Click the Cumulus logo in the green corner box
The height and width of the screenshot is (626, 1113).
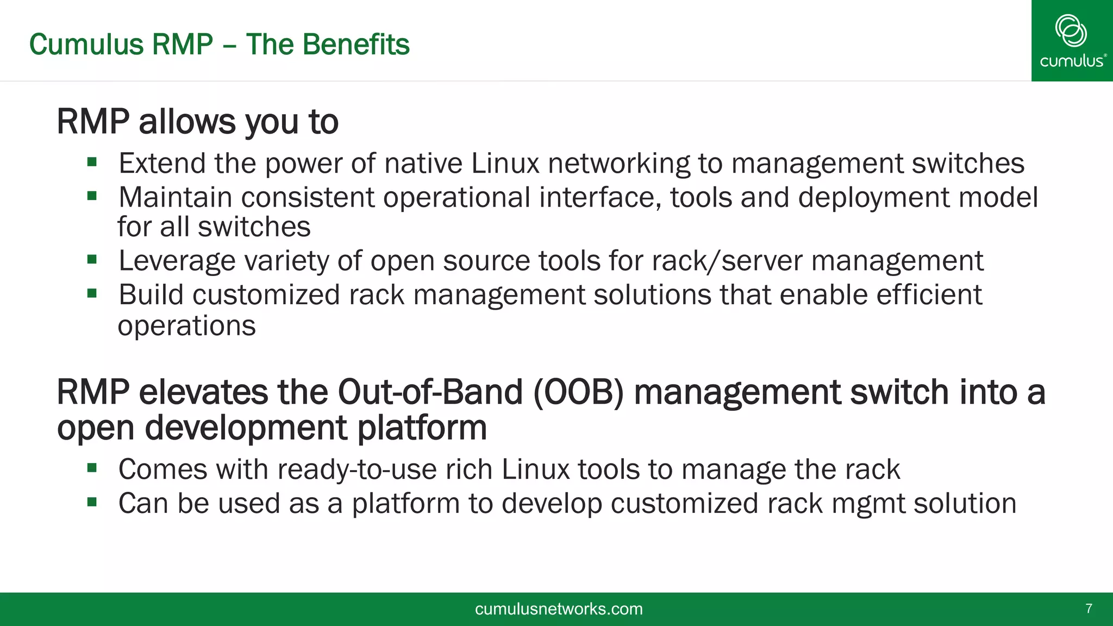[1072, 41]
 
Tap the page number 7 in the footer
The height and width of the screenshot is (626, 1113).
[1089, 609]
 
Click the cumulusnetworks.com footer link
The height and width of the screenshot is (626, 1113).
[559, 609]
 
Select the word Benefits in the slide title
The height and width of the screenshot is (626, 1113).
[356, 45]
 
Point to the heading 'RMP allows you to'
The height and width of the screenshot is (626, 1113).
[197, 121]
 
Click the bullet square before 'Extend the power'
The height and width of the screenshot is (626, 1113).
[92, 162]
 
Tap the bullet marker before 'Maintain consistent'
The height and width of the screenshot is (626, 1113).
[92, 196]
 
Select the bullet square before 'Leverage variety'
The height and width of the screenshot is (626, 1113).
[92, 260]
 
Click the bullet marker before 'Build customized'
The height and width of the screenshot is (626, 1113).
[92, 293]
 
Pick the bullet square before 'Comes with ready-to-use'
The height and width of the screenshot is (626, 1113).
[92, 468]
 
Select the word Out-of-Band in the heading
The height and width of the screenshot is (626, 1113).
[430, 392]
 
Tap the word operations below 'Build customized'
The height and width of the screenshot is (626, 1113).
[186, 326]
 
